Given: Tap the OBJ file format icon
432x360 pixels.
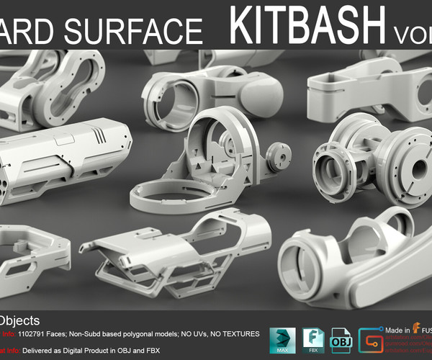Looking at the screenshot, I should coord(340,340).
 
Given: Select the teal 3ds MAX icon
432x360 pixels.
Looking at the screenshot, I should coord(282,340).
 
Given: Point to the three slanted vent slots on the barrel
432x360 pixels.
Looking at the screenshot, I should coord(100,135).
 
